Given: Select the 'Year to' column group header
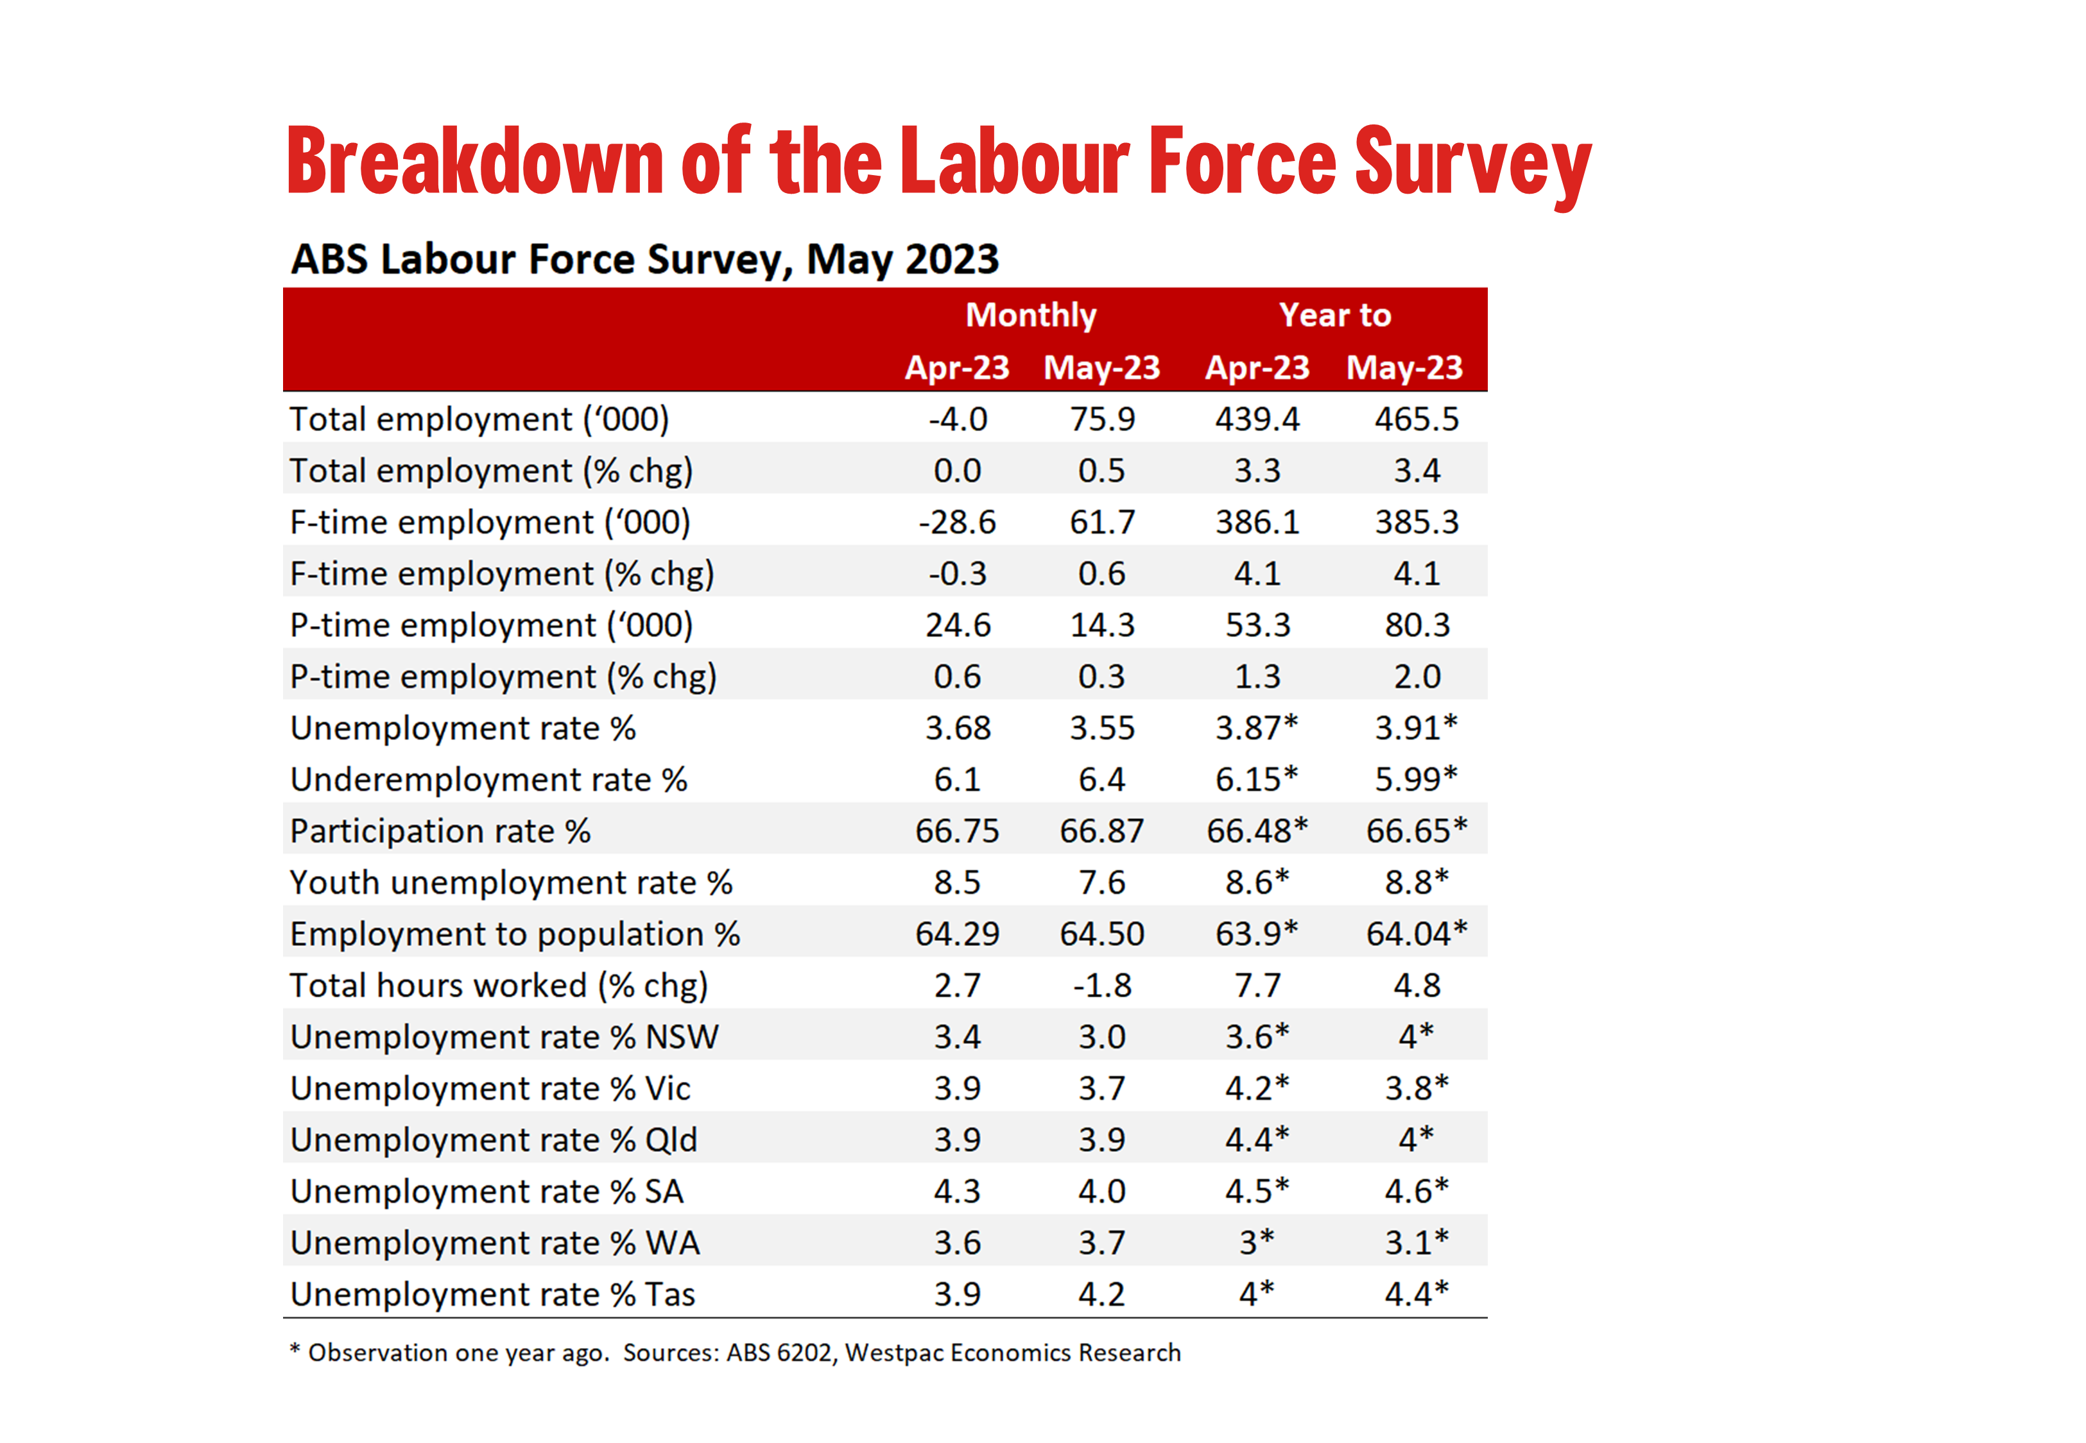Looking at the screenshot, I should pos(1334,315).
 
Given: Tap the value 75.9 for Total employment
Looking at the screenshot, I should pos(1102,419).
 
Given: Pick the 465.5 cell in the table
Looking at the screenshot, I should pos(1416,419).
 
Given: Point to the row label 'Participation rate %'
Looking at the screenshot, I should pos(440,832).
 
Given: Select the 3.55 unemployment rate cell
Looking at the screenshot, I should pos(1102,729).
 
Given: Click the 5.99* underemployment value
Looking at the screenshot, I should pos(1416,779).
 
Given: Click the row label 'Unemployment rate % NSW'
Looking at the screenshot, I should pos(504,1037).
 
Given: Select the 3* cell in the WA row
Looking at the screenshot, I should pos(1257,1243).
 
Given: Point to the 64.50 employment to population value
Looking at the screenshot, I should pos(1102,934).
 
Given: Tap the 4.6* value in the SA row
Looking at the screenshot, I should pos(1416,1192).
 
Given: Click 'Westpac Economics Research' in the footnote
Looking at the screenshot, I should pos(1012,1353).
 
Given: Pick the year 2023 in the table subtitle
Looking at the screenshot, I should pos(952,260).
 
